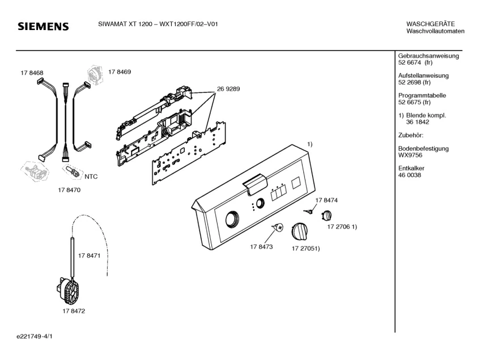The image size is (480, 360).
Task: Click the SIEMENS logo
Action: [43, 27]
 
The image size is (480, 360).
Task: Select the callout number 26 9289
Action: [228, 89]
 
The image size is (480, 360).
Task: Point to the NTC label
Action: [91, 177]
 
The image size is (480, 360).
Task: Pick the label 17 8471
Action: [90, 256]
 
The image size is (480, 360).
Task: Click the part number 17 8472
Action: [74, 311]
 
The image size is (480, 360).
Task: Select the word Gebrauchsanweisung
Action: [428, 56]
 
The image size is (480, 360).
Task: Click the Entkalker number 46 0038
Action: [410, 175]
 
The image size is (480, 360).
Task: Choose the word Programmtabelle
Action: [422, 95]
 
